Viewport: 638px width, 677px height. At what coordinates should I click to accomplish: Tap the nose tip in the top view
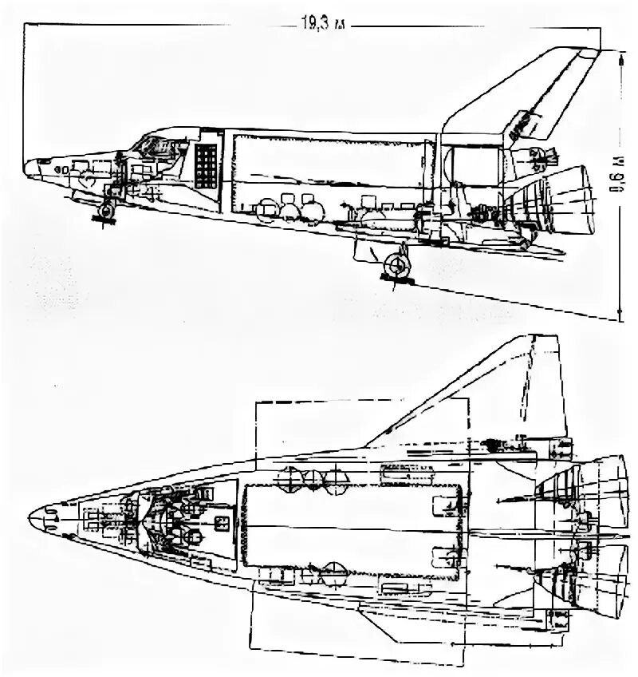point(30,519)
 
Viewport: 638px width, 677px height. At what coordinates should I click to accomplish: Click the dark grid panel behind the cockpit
point(206,165)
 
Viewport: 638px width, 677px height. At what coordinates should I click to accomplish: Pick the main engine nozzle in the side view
point(574,200)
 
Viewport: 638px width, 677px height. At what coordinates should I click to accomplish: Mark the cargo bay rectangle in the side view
point(327,172)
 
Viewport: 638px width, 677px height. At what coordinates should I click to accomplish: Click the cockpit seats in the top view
point(171,519)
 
